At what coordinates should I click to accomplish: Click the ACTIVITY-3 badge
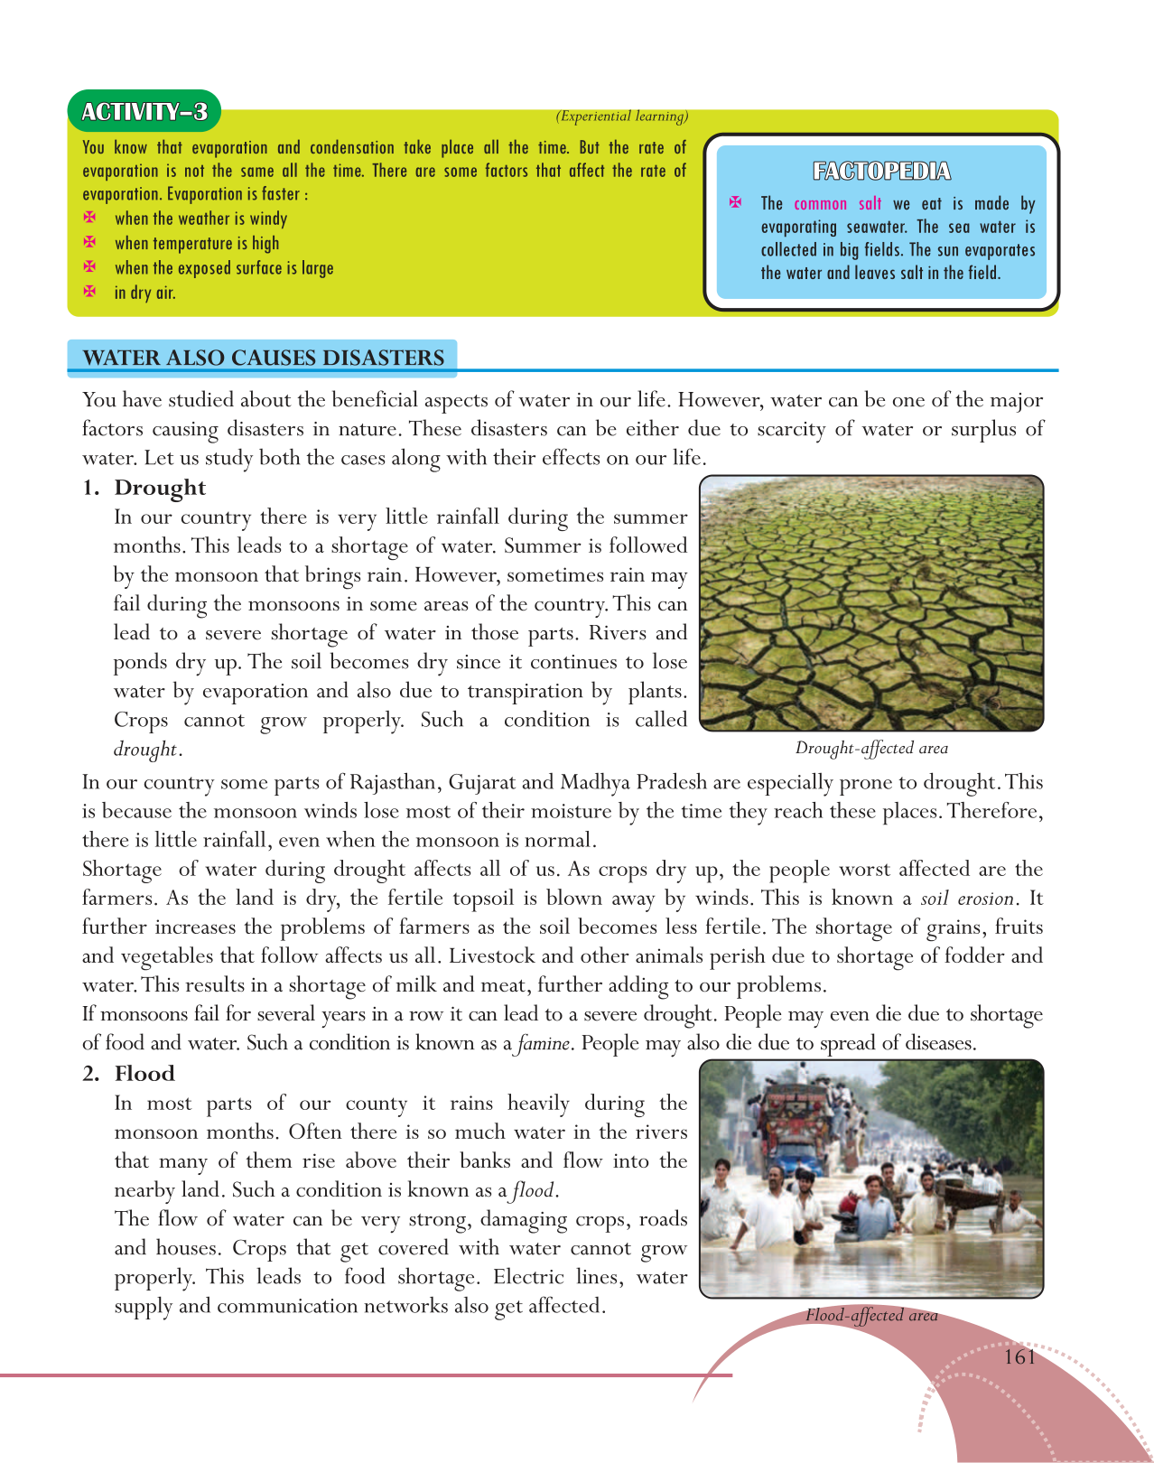(x=144, y=112)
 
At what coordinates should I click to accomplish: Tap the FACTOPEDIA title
(x=881, y=172)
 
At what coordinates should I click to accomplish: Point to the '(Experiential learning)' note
(x=622, y=116)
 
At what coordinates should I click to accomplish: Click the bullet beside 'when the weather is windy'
(x=89, y=219)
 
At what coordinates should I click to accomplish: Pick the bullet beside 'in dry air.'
(x=89, y=292)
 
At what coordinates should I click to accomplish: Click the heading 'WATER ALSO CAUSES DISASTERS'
(x=263, y=358)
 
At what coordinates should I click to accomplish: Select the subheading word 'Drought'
(x=160, y=488)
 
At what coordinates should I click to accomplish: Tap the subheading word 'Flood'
(x=144, y=1074)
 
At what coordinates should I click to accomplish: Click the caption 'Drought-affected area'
(x=871, y=748)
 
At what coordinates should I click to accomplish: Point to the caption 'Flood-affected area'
(x=871, y=1316)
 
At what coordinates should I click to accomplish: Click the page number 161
(x=1019, y=1357)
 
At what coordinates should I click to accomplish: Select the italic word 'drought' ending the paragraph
(x=145, y=750)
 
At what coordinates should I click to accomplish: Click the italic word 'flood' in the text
(x=533, y=1191)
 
